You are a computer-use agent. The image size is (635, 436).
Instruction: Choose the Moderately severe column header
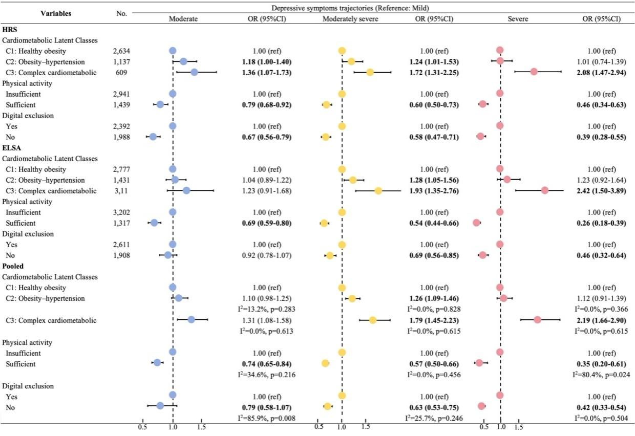point(351,18)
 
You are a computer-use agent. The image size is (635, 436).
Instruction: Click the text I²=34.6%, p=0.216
point(266,375)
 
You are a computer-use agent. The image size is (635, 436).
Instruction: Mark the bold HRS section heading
point(10,29)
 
